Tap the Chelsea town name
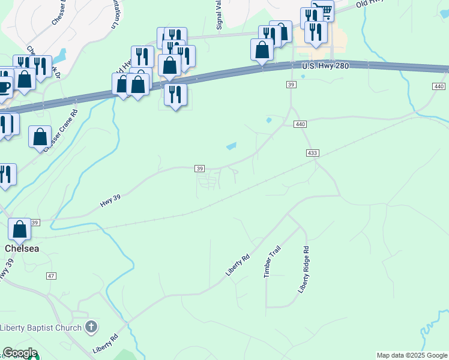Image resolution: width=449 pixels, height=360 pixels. tap(22, 248)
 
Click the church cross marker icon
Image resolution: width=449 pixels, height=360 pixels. tap(91, 327)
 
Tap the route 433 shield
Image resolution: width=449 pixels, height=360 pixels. tap(312, 153)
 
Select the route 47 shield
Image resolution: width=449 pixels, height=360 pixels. tap(51, 275)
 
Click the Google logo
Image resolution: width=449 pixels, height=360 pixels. tap(20, 353)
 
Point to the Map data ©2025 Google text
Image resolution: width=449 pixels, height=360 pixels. tap(412, 355)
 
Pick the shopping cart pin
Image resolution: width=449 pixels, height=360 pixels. tap(322, 10)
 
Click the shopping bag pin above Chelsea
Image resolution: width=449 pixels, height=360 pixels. tap(20, 229)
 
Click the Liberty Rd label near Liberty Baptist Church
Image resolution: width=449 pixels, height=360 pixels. tap(103, 344)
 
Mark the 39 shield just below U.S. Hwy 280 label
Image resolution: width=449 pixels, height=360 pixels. tap(291, 86)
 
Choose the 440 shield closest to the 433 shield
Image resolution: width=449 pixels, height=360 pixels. tap(301, 124)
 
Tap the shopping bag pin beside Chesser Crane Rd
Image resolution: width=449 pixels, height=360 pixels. tap(40, 137)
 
